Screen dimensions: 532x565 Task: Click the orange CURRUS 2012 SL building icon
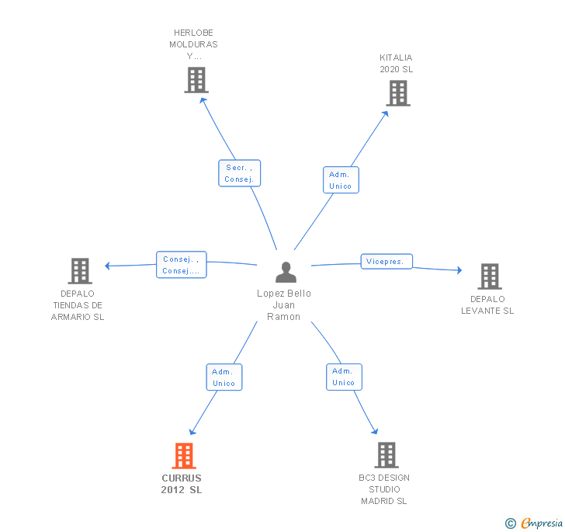[x=184, y=455]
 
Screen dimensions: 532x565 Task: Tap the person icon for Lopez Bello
[x=286, y=272]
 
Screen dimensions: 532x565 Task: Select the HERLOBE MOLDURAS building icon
[x=196, y=79]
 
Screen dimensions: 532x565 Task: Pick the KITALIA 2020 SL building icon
[x=397, y=93]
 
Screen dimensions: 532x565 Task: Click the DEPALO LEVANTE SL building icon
[x=489, y=276]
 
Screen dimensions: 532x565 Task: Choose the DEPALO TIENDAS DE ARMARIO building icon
[x=80, y=270]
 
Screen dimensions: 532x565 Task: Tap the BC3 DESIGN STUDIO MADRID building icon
[x=386, y=454]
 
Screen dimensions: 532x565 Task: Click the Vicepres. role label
[x=386, y=262]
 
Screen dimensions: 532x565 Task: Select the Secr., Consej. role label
[x=239, y=173]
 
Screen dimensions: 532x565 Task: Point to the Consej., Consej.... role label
[x=182, y=265]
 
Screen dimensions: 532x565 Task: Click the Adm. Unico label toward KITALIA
[x=340, y=179]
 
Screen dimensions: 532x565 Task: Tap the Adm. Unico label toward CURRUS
[x=224, y=377]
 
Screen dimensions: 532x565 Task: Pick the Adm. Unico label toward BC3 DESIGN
[x=343, y=377]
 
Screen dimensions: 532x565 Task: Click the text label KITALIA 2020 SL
[x=396, y=64]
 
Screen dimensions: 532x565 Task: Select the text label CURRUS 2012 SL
[x=182, y=484]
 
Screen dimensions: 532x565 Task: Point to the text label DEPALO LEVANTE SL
[x=487, y=304]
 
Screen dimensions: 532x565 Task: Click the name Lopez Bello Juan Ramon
[x=284, y=304]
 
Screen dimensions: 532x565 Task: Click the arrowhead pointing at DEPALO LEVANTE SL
[x=459, y=270]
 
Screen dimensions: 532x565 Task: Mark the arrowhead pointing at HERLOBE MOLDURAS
[x=203, y=99]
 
